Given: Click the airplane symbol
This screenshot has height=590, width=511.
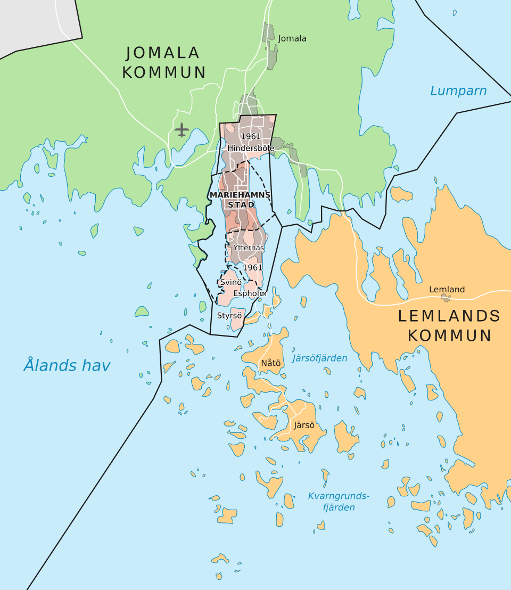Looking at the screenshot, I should coord(182,129).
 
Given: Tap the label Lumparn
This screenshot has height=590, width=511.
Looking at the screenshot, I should coord(458,91).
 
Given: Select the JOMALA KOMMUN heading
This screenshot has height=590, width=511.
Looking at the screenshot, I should coord(163,63).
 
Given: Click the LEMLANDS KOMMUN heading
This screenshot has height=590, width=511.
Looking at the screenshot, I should coord(449,325).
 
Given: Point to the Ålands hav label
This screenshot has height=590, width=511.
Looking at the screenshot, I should coord(67,366).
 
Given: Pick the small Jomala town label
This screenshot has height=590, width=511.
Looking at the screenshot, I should coord(292,38).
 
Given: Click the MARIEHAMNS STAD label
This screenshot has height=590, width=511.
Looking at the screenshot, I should coord(241,199).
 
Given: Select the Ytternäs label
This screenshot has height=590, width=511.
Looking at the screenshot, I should coord(249,248).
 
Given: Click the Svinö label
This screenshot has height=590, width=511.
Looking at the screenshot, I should coord(231,282).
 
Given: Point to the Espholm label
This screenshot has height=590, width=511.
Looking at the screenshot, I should coord(250,293).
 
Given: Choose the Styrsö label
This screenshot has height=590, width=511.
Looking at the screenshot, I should coord(229,315).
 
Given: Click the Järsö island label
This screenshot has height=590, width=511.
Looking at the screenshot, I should coord(303,425).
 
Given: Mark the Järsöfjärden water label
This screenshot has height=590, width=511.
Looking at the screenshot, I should coord(319,358).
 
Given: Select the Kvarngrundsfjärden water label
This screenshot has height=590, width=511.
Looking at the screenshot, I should coord(339,502).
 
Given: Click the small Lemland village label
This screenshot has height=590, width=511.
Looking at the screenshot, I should coord(447,290).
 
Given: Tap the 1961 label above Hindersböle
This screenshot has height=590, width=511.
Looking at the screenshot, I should coord(251,137).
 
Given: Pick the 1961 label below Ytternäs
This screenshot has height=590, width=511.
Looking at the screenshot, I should coord(253,267).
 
